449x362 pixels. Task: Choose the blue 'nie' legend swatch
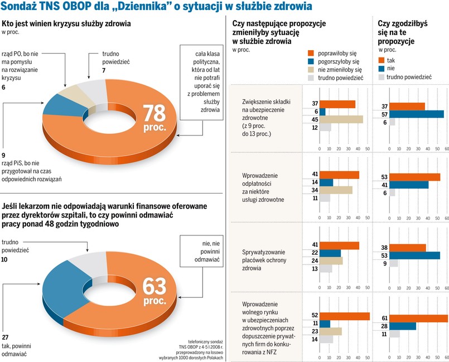382,68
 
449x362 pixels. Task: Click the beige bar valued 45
341,119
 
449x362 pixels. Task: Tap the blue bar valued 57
416,114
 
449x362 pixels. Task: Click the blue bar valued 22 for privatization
330,253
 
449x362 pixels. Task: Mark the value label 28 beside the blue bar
384,326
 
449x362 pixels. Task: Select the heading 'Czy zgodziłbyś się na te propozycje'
399,32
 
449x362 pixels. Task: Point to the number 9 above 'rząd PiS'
4,155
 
